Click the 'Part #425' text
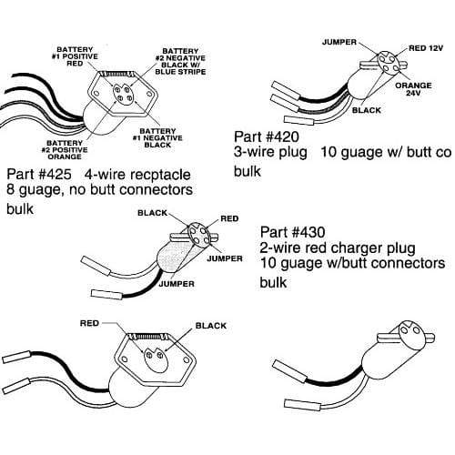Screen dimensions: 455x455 click(37, 173)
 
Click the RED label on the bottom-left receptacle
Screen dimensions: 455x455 click(90, 323)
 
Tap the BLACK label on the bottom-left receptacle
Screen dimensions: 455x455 click(210, 324)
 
